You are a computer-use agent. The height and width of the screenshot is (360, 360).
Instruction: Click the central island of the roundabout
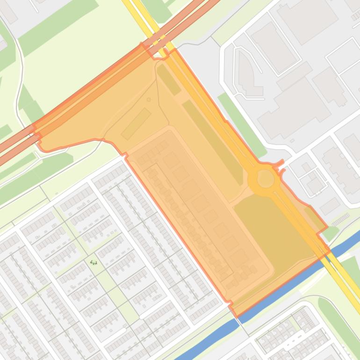[266, 179]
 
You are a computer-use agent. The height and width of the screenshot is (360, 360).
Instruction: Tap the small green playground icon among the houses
[94, 262]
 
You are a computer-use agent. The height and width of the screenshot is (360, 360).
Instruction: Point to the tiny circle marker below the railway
[149, 100]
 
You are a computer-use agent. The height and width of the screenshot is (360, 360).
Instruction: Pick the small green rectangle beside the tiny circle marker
[136, 123]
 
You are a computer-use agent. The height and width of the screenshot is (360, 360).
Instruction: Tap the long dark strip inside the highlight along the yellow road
[213, 140]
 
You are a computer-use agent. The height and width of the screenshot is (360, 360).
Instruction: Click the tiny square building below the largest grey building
[292, 141]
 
